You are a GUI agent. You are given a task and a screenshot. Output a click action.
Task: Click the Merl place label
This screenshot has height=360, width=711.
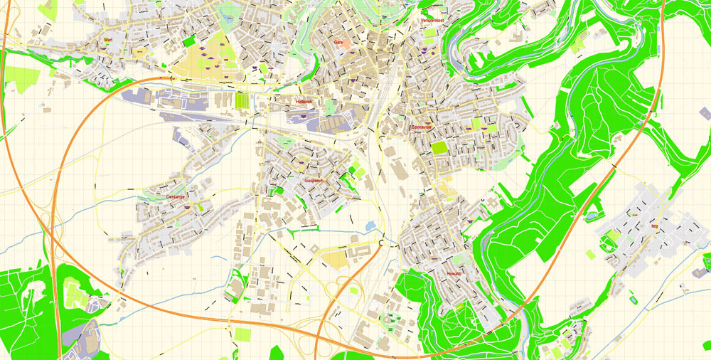tap(109, 41)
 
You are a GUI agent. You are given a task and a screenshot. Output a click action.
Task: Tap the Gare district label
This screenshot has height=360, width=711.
tap(338, 43)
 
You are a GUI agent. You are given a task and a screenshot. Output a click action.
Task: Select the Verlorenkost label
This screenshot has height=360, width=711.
tap(433, 21)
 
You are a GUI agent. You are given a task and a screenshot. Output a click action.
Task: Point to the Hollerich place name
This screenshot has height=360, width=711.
tap(304, 102)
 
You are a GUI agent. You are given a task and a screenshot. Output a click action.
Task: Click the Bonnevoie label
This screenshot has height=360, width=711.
tap(422, 127)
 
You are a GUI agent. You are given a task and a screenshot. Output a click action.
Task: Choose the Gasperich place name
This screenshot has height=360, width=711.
tap(314, 181)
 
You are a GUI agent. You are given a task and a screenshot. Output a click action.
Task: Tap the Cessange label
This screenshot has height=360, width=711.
tap(175, 196)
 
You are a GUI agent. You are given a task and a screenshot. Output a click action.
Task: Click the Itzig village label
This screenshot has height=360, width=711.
tap(653, 226)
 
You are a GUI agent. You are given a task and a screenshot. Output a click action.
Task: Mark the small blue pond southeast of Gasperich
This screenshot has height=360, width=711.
tap(370, 226)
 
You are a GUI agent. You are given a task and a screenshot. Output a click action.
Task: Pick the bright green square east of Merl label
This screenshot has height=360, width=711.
tap(188, 41)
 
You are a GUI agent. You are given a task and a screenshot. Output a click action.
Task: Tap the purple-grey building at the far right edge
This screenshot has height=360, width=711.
tap(704, 113)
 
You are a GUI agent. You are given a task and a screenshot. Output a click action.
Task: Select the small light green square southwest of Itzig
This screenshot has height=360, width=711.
tap(590, 254)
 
